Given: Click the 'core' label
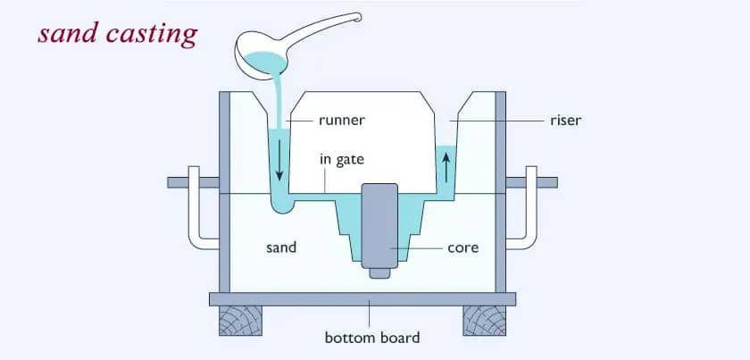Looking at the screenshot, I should [x=462, y=247].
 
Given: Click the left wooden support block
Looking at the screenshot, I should [x=241, y=320].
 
